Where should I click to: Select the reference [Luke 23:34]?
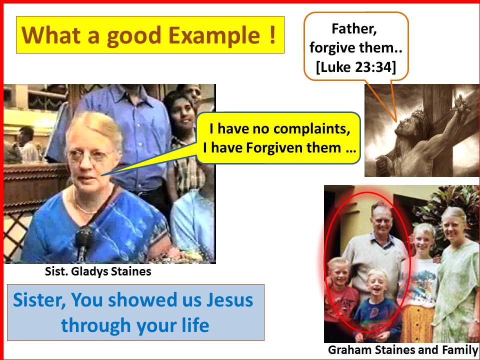(356, 67)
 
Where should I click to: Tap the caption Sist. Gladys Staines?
(98, 271)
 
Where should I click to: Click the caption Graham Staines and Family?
(403, 350)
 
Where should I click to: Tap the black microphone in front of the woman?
(83, 242)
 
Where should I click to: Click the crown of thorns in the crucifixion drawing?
(419, 118)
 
